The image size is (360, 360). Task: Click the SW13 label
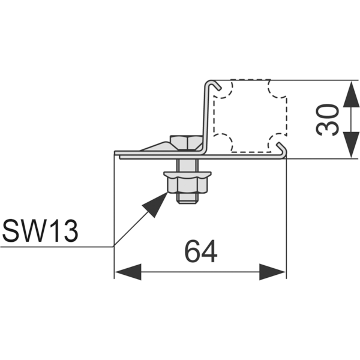41,231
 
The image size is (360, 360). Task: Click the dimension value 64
201,252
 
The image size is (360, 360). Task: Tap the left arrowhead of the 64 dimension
128,271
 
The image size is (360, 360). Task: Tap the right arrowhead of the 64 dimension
272,271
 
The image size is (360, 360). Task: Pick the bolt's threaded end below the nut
188,197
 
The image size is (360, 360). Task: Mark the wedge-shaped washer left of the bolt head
157,146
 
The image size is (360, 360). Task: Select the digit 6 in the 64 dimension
192,252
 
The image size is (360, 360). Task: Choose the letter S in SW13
12,231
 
